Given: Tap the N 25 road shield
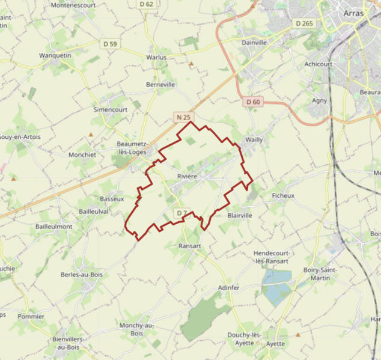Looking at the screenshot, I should pos(183,116).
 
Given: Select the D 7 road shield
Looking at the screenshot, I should pos(182,213).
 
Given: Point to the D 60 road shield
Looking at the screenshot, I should pos(254,102).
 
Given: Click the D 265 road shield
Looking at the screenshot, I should pos(305,23).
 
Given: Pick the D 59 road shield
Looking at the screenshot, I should pos(110,44).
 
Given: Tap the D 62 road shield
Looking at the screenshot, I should pos(147,4).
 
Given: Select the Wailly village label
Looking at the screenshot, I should pos(254,140).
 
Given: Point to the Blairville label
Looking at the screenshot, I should pos(240,215).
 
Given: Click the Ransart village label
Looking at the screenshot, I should pos(190,246).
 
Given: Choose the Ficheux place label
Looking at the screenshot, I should pos(283,196).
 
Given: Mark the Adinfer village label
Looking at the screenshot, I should pos(229,288).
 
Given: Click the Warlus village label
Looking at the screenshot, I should pos(156,58).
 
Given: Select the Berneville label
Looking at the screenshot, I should pos(160,85).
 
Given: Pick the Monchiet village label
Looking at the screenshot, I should pos(82,154).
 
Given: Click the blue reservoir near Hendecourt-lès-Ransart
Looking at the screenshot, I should pos(276,287).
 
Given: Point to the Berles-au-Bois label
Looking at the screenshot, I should pos(82,275).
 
